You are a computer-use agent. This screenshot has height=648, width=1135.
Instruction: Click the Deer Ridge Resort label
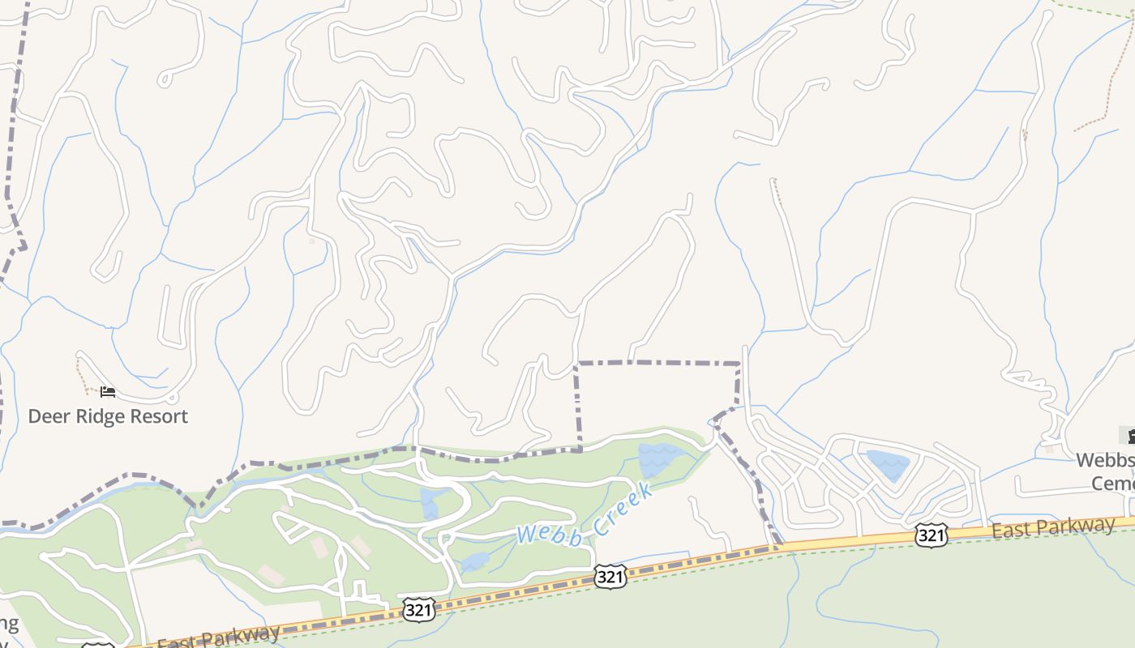click(x=108, y=416)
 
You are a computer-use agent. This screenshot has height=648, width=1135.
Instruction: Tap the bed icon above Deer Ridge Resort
click(x=108, y=393)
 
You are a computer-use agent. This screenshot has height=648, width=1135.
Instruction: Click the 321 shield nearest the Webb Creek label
click(x=610, y=576)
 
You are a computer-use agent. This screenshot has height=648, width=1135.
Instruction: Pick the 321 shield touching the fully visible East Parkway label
click(x=932, y=535)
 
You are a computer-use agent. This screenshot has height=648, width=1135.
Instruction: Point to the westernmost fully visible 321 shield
click(x=418, y=609)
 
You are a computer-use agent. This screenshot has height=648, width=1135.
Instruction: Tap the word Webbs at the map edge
click(x=1104, y=461)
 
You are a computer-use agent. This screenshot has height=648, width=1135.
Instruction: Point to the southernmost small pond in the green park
click(x=475, y=561)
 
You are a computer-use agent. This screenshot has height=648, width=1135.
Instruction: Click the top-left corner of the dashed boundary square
click(x=576, y=364)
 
